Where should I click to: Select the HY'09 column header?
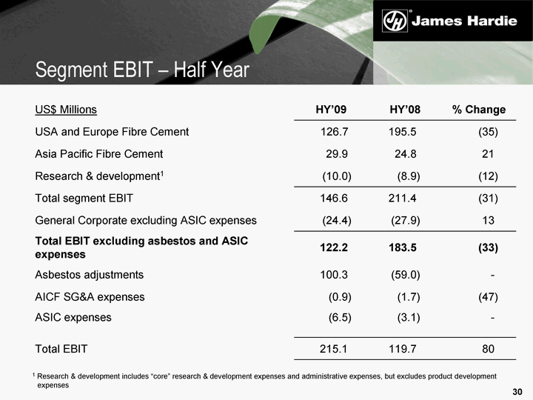pos(331,110)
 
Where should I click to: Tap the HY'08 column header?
pos(405,110)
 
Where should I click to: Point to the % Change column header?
pos(478,110)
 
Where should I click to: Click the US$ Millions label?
pos(66,110)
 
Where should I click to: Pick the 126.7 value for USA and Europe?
pos(330,132)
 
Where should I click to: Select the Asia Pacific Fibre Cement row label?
pos(98,154)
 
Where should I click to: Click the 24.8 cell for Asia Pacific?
pos(406,154)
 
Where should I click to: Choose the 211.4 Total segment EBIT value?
pos(403,199)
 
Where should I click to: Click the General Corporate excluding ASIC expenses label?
pos(146,220)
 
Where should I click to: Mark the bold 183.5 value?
pos(403,247)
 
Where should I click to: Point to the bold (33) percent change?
pos(488,247)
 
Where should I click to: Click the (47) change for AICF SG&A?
pos(488,297)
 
